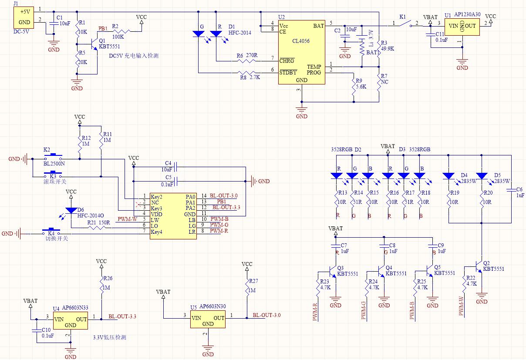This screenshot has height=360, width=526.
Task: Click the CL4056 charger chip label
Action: coord(301,41)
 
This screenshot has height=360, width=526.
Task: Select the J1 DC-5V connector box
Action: coord(24,17)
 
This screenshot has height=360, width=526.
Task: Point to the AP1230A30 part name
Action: coord(467,14)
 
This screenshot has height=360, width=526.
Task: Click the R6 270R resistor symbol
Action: coord(246,61)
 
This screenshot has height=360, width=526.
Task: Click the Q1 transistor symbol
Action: coord(94,44)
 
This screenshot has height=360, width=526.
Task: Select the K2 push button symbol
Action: coord(53,157)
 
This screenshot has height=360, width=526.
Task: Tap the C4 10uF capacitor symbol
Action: coord(175,167)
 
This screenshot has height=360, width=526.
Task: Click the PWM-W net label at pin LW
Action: coord(127,219)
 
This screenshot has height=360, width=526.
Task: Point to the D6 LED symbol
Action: coord(71,211)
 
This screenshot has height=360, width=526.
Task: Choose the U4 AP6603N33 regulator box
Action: coord(71,320)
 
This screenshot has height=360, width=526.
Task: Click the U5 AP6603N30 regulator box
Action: coord(208,320)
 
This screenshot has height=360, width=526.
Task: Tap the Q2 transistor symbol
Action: coord(479,267)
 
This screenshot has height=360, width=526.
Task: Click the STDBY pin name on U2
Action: coord(288,73)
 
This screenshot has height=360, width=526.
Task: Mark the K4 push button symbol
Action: coord(51,232)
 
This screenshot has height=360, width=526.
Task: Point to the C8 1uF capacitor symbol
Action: coord(384,246)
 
